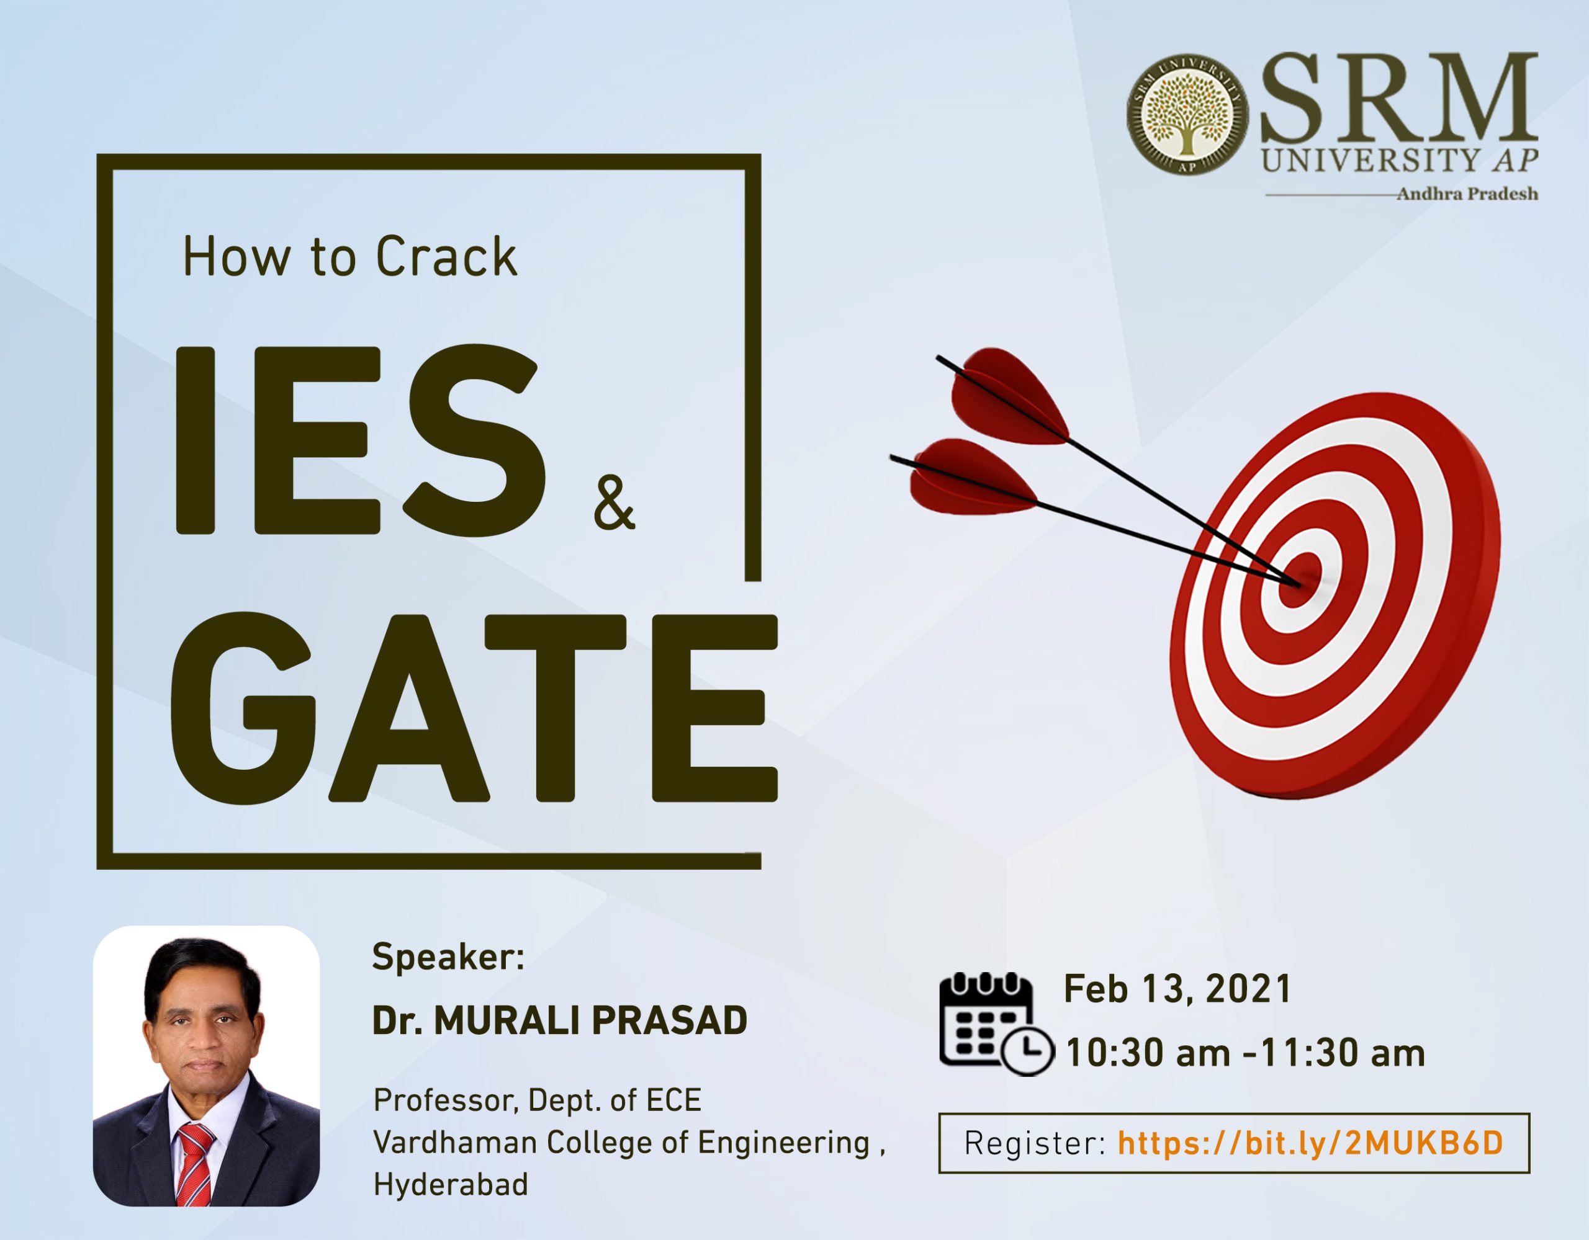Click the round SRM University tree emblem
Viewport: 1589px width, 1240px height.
coord(1188,114)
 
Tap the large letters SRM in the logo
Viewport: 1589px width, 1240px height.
coord(1398,98)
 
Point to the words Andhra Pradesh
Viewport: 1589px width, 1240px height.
coord(1467,194)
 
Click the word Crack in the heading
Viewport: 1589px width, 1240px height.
coord(446,257)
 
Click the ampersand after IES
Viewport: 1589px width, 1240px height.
coord(614,502)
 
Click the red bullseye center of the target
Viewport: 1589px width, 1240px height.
coord(1301,579)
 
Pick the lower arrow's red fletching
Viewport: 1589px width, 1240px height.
coord(971,476)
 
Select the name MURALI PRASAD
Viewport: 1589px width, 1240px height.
coord(590,1020)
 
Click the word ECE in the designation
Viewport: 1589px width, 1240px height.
coord(673,1100)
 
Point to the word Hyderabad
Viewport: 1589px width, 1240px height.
coord(451,1185)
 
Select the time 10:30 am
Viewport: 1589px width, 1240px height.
coord(1147,1053)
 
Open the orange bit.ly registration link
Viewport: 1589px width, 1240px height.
coord(1310,1143)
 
